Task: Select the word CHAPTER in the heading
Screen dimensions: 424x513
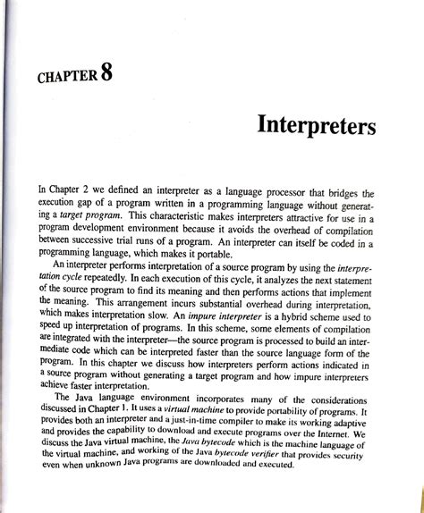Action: tap(66, 77)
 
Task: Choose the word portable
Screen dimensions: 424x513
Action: tap(226, 253)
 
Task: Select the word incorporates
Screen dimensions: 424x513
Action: tap(203, 397)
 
